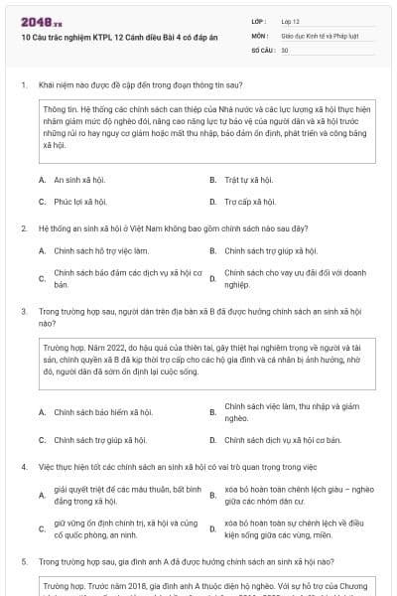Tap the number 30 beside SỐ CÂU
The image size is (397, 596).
click(x=285, y=49)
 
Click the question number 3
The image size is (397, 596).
click(x=23, y=310)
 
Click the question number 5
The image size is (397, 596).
click(x=23, y=560)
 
